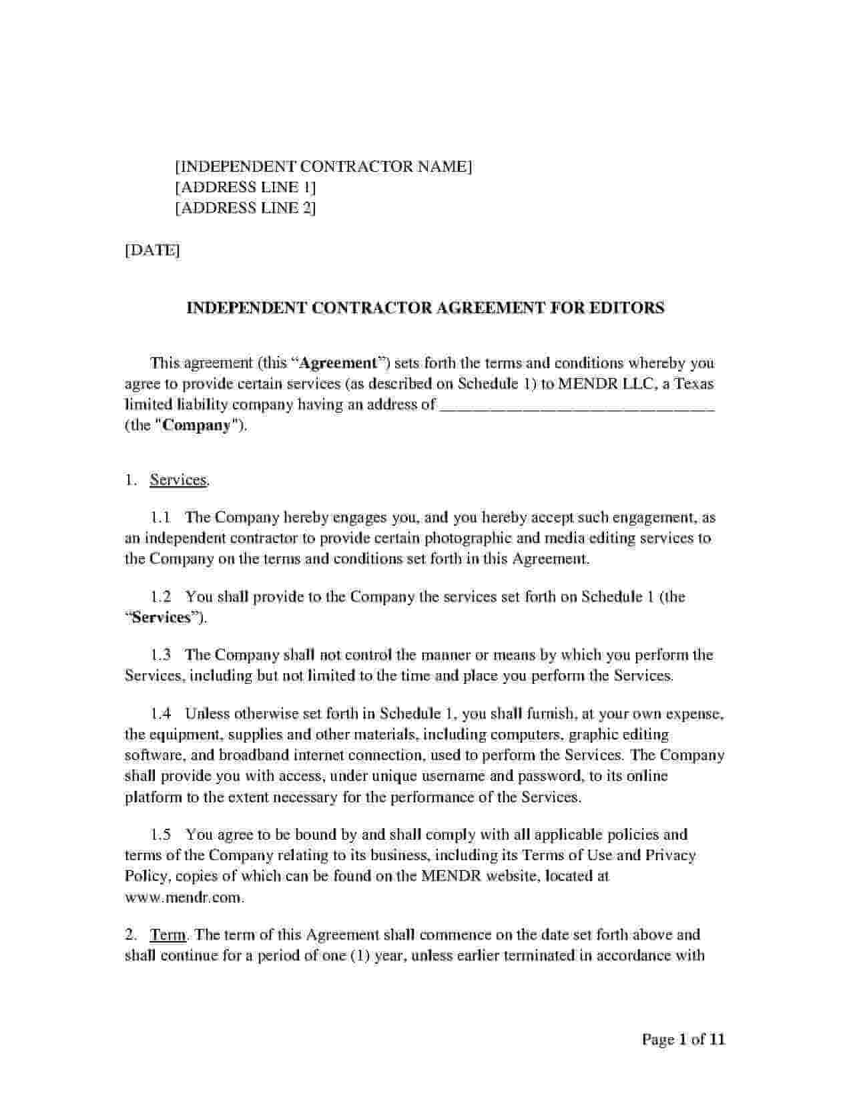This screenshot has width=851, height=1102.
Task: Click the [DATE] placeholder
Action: tap(152, 250)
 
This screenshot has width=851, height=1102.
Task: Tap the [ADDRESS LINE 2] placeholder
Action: tap(245, 208)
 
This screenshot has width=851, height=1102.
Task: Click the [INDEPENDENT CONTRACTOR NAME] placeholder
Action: tap(323, 166)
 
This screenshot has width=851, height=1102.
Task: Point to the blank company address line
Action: tap(577, 405)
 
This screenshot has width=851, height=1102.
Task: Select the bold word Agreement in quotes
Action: tap(338, 363)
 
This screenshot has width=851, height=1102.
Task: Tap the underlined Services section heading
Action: tap(179, 480)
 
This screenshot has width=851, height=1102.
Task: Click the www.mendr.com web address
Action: tap(184, 897)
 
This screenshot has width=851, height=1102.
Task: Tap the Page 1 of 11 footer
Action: tap(683, 1039)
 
